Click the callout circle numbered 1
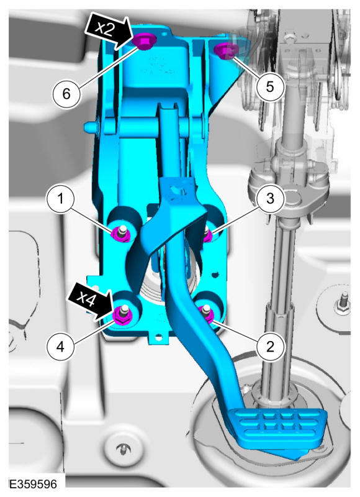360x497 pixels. [x=60, y=199]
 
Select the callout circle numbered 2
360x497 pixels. [x=270, y=347]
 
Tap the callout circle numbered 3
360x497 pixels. [x=270, y=199]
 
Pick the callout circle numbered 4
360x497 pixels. [x=60, y=347]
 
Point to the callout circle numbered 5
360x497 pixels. [x=270, y=86]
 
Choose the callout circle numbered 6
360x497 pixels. [x=66, y=94]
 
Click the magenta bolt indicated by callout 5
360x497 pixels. [x=226, y=52]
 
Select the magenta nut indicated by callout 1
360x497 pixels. [x=120, y=234]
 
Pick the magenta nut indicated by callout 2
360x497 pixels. [x=206, y=313]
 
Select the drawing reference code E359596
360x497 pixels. [x=34, y=484]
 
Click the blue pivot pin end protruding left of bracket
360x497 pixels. [x=91, y=126]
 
